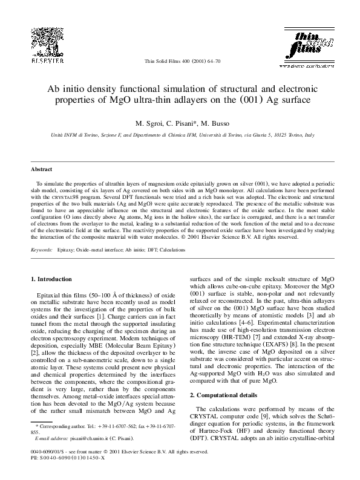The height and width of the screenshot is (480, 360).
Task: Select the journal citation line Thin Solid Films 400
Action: coord(181,62)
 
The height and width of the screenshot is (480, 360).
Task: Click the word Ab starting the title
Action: coord(54,89)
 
